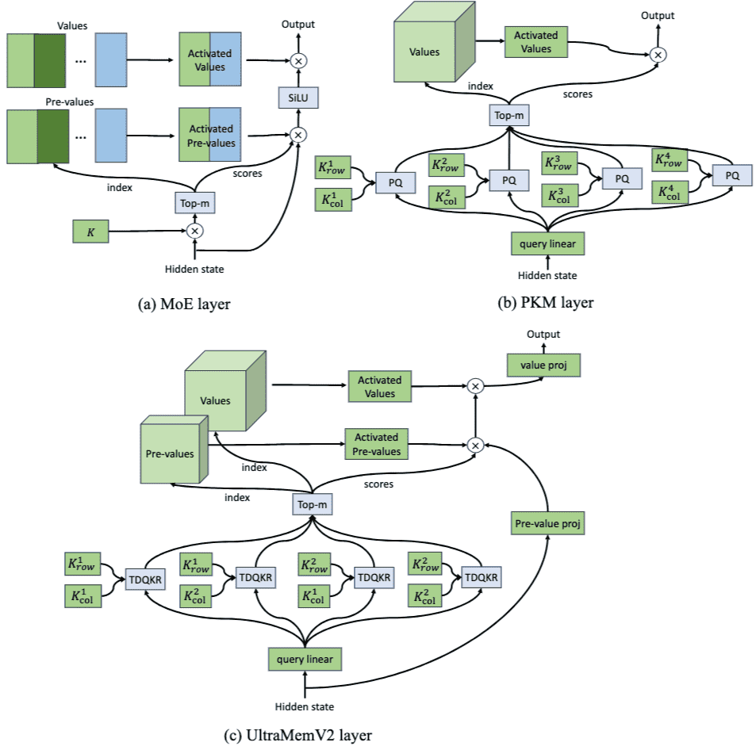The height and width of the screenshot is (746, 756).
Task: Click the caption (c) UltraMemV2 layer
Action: (299, 734)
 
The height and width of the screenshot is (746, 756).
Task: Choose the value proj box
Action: (543, 365)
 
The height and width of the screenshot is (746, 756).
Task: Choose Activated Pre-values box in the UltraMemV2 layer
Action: (376, 445)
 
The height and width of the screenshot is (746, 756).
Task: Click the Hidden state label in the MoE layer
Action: (194, 269)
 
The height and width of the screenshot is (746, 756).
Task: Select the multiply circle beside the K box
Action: (194, 231)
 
